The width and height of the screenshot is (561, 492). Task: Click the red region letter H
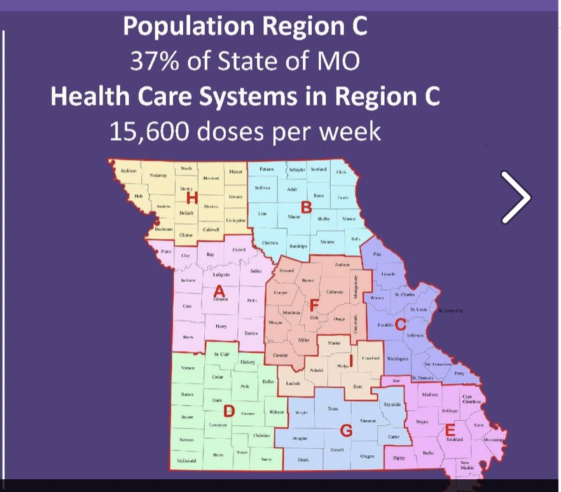pos(188,198)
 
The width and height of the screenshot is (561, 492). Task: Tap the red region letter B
pos(306,206)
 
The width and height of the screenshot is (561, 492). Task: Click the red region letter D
pos(229,411)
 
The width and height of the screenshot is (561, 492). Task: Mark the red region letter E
pos(450,429)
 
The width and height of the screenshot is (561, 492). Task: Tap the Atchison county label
pos(128,171)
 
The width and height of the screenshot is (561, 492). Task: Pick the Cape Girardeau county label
pos(471,398)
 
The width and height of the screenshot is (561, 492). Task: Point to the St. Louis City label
pos(452,311)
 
